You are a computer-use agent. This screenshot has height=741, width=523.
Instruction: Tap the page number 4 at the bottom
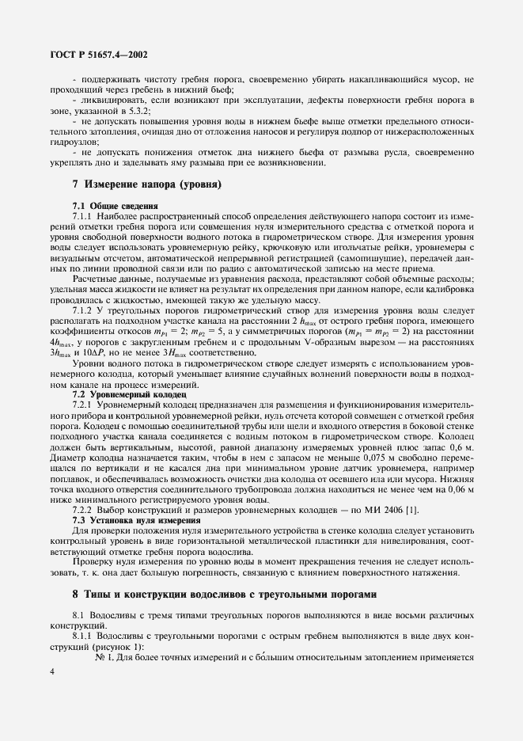(51, 672)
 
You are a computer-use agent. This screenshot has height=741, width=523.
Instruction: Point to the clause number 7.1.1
(83, 237)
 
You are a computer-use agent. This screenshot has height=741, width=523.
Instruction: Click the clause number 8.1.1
(83, 636)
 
